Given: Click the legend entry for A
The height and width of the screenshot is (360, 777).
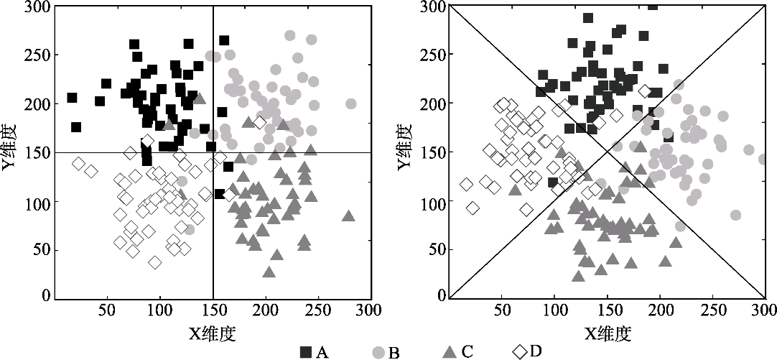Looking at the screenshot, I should point(314,351).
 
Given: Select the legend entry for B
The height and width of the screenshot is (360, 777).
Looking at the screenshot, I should point(386,351).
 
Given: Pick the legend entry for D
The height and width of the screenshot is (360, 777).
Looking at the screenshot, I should point(529,351).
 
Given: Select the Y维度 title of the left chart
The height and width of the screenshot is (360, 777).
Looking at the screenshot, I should point(11,152).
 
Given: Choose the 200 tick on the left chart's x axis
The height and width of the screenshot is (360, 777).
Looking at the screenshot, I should point(266,310).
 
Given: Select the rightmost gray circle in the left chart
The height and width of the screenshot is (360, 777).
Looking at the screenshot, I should point(350,104).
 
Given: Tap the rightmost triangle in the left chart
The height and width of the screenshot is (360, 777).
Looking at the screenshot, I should point(349,216).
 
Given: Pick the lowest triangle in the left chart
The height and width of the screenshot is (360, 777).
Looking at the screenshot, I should point(269,272).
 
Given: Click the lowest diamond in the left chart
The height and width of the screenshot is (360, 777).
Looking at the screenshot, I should point(155,262).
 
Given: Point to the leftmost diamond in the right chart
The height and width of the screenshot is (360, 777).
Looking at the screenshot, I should point(466,185).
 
